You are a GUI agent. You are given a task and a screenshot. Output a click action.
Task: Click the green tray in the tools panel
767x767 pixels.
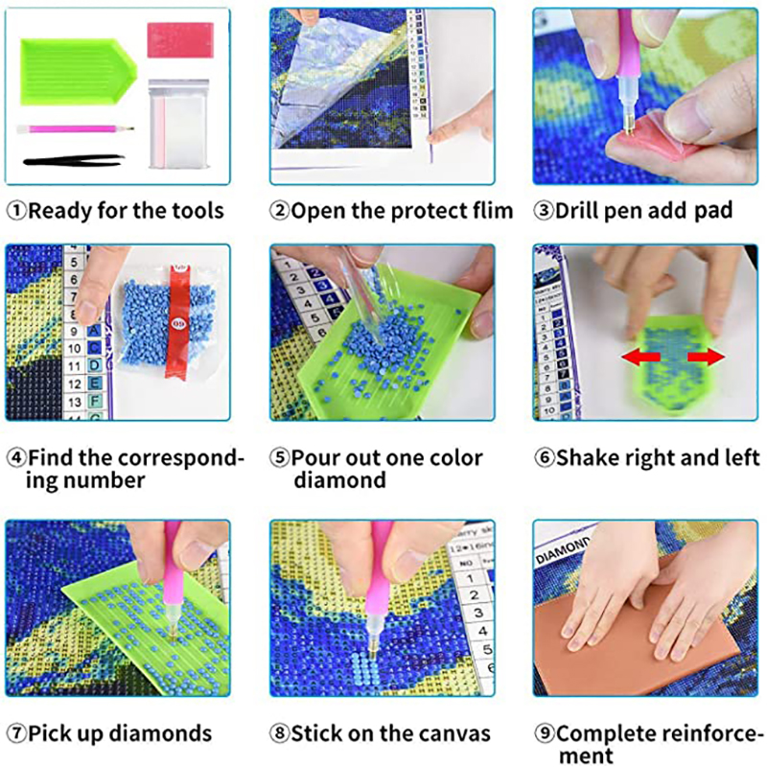click(78, 71)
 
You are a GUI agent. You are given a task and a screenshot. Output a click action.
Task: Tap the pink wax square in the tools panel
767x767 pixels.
click(180, 39)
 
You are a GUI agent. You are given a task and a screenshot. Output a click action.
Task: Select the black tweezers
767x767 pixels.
click(74, 160)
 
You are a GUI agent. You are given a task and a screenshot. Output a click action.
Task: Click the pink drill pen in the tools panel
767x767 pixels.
click(76, 129)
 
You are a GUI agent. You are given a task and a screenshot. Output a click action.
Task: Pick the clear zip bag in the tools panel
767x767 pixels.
click(178, 124)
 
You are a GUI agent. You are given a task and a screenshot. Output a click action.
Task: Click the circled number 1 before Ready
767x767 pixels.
click(16, 211)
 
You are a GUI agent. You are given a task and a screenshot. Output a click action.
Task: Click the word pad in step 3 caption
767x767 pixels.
click(713, 210)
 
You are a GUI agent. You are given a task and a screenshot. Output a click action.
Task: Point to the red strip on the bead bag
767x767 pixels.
click(176, 320)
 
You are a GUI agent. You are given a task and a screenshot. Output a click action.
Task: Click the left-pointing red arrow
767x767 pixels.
click(641, 357)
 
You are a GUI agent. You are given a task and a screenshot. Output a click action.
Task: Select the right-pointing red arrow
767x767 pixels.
click(706, 357)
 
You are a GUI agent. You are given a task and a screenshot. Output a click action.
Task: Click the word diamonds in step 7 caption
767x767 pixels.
click(160, 733)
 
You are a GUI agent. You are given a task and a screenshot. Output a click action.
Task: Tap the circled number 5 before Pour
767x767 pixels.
click(279, 458)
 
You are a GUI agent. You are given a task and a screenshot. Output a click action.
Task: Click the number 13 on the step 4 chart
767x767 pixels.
click(75, 402)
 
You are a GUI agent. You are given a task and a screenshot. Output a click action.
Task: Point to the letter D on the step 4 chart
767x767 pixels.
click(95, 365)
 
